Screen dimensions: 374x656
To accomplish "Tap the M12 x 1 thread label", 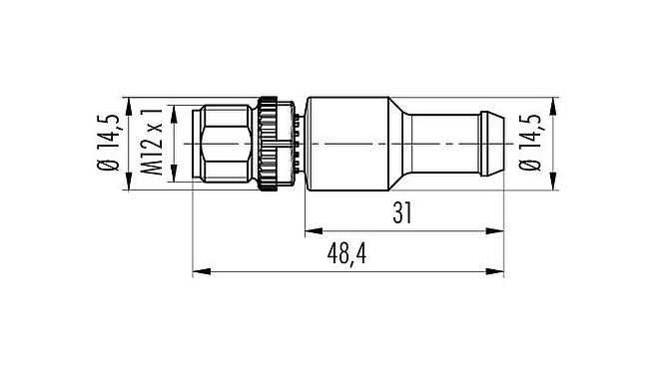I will point(152,144).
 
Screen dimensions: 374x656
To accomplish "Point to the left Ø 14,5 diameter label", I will point(111,144).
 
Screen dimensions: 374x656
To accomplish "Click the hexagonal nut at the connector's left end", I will point(227,144).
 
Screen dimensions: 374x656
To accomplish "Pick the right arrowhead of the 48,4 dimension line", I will point(495,270).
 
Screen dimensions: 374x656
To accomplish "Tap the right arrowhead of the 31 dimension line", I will point(495,230).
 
